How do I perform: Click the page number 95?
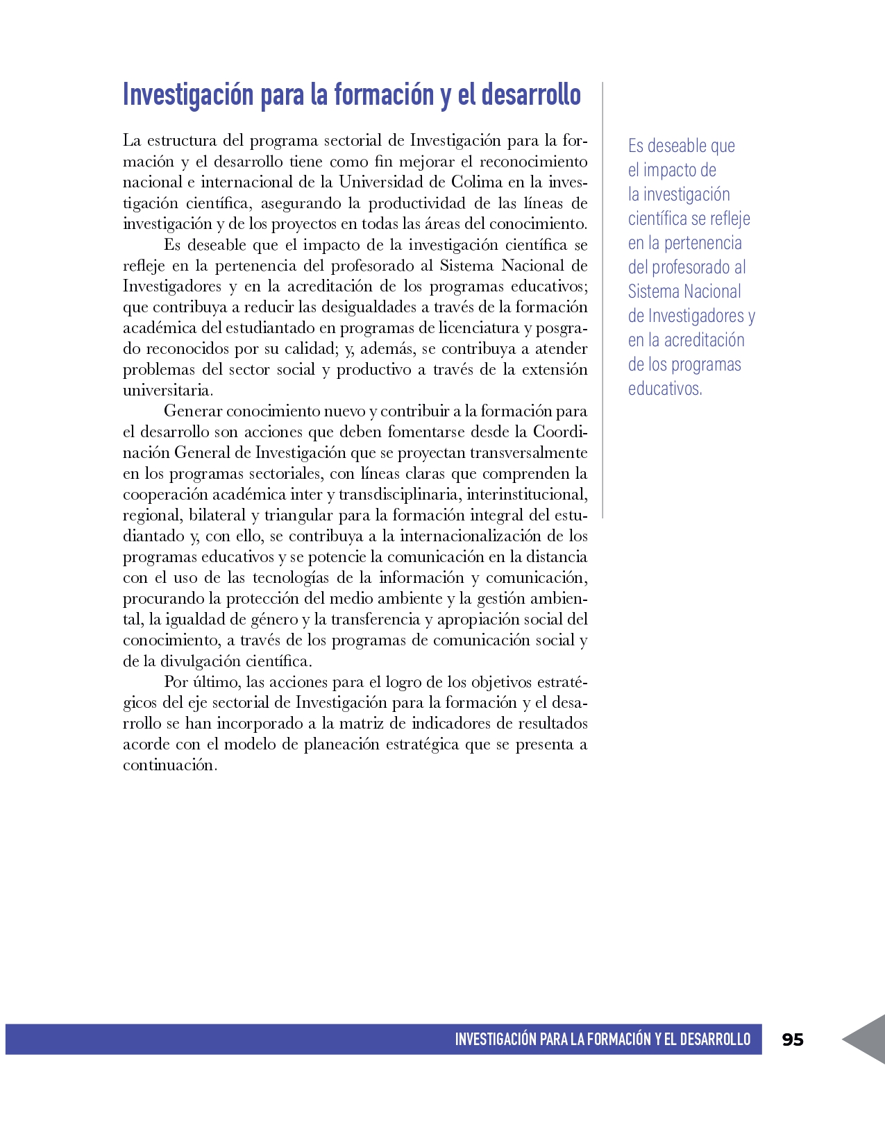click(x=793, y=1040)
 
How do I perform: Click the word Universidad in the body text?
click(x=380, y=183)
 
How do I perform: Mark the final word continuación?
click(x=169, y=765)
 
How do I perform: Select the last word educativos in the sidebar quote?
click(x=664, y=389)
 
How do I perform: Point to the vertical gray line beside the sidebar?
click(x=602, y=298)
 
